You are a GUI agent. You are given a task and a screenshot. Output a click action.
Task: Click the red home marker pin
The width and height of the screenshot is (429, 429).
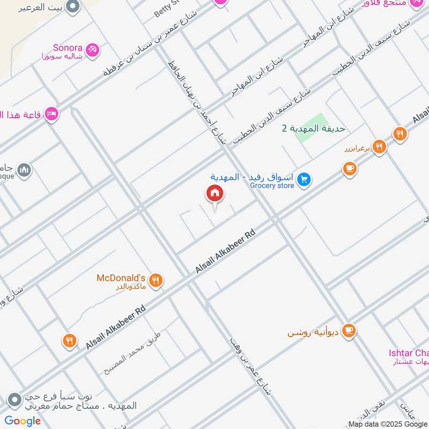[214, 194]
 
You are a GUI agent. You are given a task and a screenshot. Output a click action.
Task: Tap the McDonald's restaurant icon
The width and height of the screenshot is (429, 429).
[156, 279]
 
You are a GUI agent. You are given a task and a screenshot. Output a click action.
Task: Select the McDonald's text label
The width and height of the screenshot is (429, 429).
[121, 278]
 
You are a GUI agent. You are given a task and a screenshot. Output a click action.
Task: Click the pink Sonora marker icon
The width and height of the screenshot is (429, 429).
[92, 49]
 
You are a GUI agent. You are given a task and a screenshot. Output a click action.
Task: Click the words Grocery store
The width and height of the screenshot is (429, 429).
[272, 186]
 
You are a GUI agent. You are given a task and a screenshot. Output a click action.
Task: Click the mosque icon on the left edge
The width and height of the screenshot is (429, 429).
[24, 171]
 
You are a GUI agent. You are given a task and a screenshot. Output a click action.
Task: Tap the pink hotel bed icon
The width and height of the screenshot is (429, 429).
[52, 114]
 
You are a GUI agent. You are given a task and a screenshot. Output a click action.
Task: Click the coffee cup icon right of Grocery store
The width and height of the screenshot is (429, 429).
[350, 169]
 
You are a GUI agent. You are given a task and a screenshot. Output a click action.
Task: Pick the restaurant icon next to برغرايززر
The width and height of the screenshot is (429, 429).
[379, 146]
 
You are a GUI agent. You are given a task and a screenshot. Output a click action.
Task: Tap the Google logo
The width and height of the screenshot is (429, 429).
[23, 421]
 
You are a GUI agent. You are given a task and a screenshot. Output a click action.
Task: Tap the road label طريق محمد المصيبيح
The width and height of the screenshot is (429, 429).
[134, 353]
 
